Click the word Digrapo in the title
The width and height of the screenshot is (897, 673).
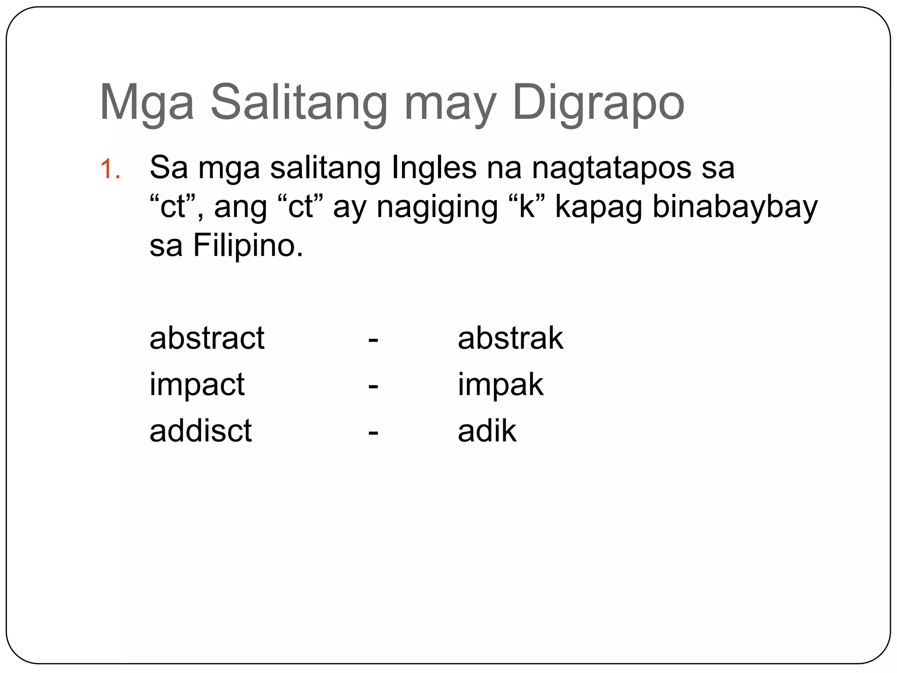click(598, 103)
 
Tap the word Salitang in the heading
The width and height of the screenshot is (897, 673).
click(299, 103)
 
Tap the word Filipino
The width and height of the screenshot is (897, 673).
click(248, 245)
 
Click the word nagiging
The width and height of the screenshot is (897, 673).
click(437, 207)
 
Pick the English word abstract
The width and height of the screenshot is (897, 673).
click(207, 338)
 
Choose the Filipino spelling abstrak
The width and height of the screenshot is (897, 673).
click(510, 338)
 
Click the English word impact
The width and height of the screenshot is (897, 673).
click(197, 385)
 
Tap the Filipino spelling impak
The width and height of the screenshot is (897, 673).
click(500, 385)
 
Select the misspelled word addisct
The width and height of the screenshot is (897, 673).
click(201, 431)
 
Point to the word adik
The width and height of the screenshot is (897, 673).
click(487, 431)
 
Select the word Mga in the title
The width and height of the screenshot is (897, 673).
click(147, 103)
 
